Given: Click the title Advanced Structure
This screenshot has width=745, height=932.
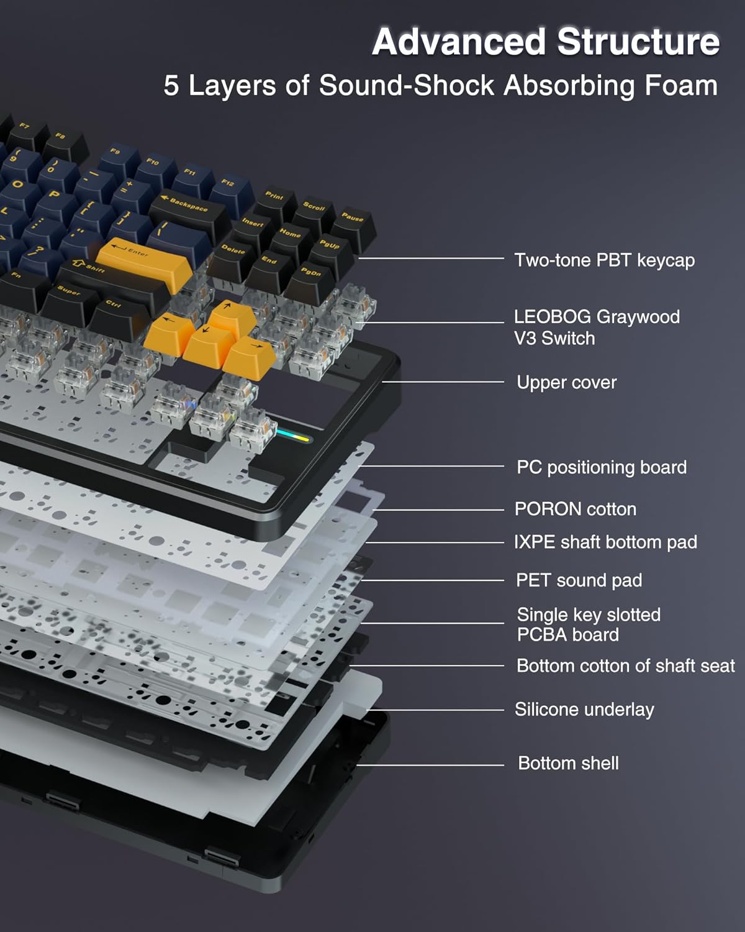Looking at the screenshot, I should (546, 42).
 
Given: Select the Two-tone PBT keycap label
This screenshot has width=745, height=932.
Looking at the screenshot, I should (604, 260).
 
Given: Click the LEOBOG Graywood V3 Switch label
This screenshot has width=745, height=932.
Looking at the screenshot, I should (596, 327).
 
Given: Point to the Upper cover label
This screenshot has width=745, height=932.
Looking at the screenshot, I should (566, 382).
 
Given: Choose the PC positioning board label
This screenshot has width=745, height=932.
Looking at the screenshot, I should (601, 467).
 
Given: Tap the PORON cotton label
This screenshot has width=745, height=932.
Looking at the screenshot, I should (575, 509).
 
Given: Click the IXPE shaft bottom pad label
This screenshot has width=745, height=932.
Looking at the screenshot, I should (605, 542).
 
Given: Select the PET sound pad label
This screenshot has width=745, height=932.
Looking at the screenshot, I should (579, 580).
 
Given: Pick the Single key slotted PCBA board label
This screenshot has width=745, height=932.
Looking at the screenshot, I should (588, 624).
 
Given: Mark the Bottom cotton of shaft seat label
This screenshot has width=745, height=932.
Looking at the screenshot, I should (625, 666).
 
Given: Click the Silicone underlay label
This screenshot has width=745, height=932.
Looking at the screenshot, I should (584, 710).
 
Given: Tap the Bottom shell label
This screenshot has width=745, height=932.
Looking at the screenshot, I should (568, 763).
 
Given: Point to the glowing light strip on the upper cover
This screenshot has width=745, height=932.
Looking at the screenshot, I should (293, 436).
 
